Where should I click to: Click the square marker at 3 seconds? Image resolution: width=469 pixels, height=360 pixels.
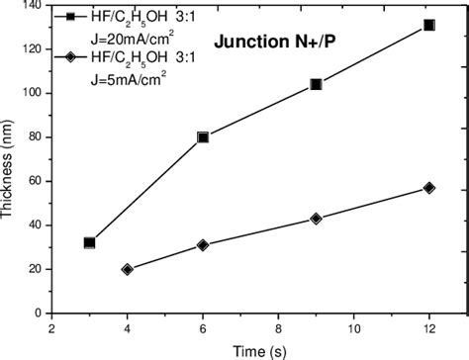pyautogui.click(x=89, y=242)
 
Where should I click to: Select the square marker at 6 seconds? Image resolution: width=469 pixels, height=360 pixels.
pyautogui.click(x=203, y=137)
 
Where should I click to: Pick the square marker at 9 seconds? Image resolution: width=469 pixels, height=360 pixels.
pyautogui.click(x=316, y=84)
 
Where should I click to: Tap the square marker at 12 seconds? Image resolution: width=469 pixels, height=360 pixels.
pyautogui.click(x=428, y=25)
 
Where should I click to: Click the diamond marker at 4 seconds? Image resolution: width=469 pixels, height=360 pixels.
pyautogui.click(x=127, y=269)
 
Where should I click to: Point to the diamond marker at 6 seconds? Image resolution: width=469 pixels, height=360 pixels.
pyautogui.click(x=203, y=244)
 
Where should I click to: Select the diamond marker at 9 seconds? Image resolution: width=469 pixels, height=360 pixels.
pyautogui.click(x=316, y=219)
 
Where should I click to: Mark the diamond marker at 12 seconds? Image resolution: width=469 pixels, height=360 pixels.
pyautogui.click(x=428, y=188)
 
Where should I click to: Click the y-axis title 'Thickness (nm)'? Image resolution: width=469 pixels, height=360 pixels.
pyautogui.click(x=11, y=168)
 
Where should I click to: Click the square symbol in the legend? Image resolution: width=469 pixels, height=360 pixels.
pyautogui.click(x=69, y=17)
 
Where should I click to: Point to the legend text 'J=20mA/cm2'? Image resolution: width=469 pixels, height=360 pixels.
pyautogui.click(x=123, y=38)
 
